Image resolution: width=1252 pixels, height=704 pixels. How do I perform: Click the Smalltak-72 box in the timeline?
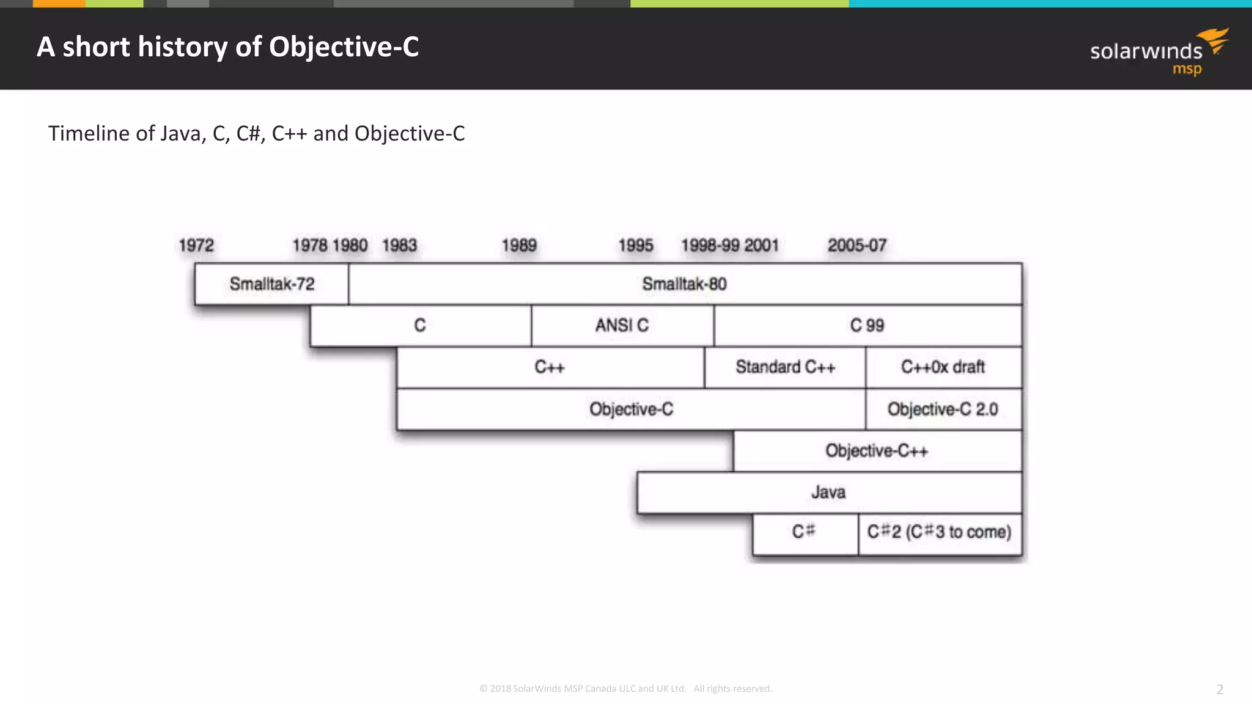pyautogui.click(x=271, y=284)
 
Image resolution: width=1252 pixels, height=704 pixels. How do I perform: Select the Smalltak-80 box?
pyautogui.click(x=685, y=284)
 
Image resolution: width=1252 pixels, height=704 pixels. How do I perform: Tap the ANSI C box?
pyautogui.click(x=622, y=326)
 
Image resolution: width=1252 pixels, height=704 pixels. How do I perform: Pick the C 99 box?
pyautogui.click(x=867, y=326)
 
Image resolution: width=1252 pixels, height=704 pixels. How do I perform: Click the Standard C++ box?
pyautogui.click(x=785, y=367)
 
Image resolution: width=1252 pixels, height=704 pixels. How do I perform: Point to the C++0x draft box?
pyautogui.click(x=943, y=367)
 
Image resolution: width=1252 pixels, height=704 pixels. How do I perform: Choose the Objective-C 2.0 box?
pyautogui.click(x=943, y=409)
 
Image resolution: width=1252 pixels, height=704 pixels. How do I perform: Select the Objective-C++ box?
pyautogui.click(x=877, y=451)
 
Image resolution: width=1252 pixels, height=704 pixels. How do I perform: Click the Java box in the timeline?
pyautogui.click(x=828, y=493)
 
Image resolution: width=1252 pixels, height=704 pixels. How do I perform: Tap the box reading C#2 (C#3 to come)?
pyautogui.click(x=940, y=532)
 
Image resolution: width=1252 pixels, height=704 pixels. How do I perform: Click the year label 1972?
pyautogui.click(x=196, y=246)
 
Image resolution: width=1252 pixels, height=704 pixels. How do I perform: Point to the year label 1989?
pyautogui.click(x=519, y=246)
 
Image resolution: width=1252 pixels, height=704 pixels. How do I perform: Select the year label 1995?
pyautogui.click(x=636, y=246)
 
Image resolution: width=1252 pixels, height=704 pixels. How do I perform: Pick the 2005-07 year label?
pyautogui.click(x=857, y=246)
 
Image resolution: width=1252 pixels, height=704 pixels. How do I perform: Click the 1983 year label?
pyautogui.click(x=400, y=246)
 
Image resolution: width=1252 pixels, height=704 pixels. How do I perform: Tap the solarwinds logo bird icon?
pyautogui.click(x=1214, y=40)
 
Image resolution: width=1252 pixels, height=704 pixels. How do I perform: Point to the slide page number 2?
pyautogui.click(x=1220, y=690)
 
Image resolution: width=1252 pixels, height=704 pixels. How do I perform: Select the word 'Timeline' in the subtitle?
pyautogui.click(x=89, y=133)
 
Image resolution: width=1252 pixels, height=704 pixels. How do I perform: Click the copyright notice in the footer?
pyautogui.click(x=625, y=689)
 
